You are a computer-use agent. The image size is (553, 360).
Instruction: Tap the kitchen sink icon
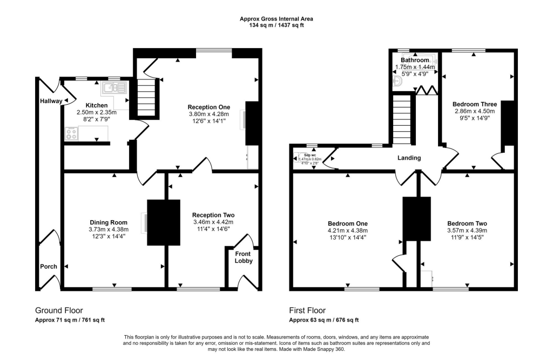click(x=113, y=88)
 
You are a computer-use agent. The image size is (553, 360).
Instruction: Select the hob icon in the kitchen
click(x=71, y=133)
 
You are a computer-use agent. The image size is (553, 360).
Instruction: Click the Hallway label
click(x=51, y=101)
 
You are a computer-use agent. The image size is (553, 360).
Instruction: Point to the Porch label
click(x=48, y=267)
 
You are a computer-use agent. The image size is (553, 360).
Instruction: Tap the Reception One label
click(x=209, y=106)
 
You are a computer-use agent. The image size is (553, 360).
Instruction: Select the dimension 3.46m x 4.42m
click(x=213, y=222)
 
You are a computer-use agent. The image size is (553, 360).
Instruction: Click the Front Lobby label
click(x=244, y=257)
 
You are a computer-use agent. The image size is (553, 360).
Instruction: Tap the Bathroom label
click(x=415, y=60)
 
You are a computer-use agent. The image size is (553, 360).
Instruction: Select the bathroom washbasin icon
click(x=397, y=81)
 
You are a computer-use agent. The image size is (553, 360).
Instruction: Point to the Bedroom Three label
click(x=475, y=104)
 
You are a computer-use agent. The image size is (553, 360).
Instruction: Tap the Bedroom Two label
click(x=467, y=223)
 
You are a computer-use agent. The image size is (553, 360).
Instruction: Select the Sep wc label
click(x=310, y=154)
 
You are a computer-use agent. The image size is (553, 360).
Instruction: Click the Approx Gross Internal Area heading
click(x=276, y=19)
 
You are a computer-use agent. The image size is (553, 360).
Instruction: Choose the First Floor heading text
click(x=308, y=310)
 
